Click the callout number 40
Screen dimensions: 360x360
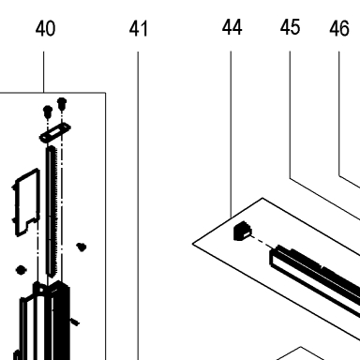point(46,28)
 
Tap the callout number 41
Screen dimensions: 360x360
point(138,28)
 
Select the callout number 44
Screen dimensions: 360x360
point(232,27)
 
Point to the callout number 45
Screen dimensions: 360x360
point(291,27)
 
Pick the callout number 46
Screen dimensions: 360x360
point(339,28)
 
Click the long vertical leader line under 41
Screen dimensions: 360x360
point(138,205)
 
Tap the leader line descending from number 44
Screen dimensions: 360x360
point(232,134)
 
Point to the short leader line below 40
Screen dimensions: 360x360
point(44,72)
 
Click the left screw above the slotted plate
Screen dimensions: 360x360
point(48,112)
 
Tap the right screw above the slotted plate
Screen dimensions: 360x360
point(62,104)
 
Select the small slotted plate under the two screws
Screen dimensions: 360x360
point(55,133)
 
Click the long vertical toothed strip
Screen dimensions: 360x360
point(52,212)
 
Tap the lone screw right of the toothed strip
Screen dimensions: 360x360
point(82,247)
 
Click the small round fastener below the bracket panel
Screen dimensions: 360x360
point(21,270)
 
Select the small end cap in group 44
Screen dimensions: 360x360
point(243,232)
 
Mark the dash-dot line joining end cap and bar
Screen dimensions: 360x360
point(261,242)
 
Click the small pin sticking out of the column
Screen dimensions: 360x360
point(75,322)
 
